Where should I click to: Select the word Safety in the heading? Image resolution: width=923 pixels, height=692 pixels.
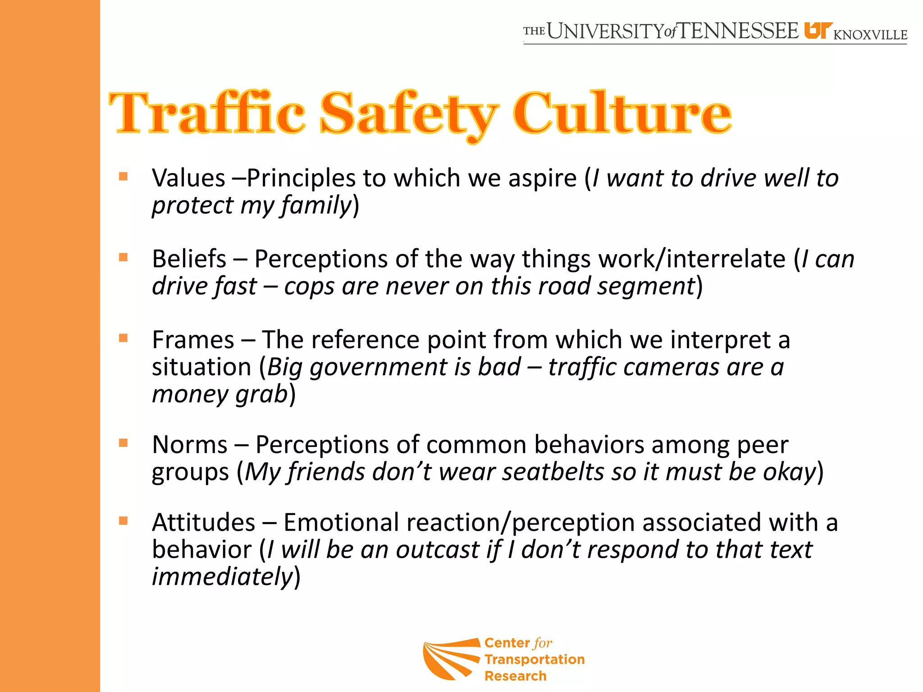[409, 114]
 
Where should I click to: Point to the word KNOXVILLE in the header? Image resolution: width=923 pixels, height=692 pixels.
[870, 35]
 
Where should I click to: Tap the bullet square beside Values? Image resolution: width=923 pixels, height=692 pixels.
[123, 176]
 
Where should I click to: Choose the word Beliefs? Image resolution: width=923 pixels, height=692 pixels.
[189, 259]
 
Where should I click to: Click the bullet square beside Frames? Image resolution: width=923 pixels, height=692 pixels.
[123, 338]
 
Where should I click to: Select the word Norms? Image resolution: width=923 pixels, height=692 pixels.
[190, 445]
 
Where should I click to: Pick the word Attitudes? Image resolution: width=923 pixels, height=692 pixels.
[204, 523]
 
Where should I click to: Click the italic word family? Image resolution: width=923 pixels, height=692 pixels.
[316, 205]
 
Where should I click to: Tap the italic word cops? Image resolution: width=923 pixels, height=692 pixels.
[309, 286]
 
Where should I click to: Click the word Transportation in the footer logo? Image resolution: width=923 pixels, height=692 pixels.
[535, 660]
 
